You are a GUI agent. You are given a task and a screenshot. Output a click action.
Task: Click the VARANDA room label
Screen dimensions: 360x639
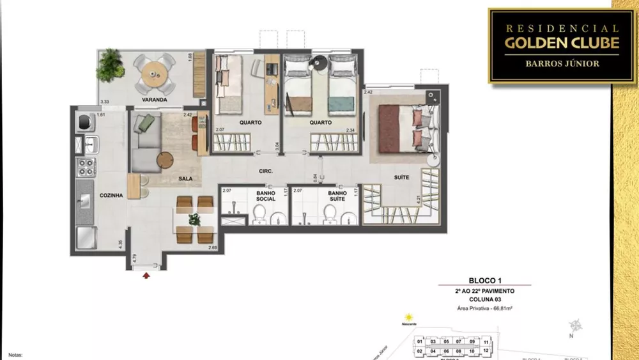pos(154,100)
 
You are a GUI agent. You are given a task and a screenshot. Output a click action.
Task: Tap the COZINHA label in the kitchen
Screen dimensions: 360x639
pos(111,196)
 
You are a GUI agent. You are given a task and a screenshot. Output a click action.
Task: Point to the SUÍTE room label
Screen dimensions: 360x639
pos(401,177)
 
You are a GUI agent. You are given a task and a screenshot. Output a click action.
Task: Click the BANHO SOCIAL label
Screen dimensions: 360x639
pos(265,195)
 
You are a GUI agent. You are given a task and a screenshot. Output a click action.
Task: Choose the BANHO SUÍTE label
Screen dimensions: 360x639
pos(337,195)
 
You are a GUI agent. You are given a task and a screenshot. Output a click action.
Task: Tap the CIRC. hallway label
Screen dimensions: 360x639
pos(266,171)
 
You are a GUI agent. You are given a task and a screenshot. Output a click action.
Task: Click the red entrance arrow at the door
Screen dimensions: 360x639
pos(147,275)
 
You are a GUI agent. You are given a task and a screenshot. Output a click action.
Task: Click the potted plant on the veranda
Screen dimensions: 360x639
pos(112,63)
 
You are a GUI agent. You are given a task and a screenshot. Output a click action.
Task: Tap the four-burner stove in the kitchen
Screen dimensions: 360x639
pos(86,168)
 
